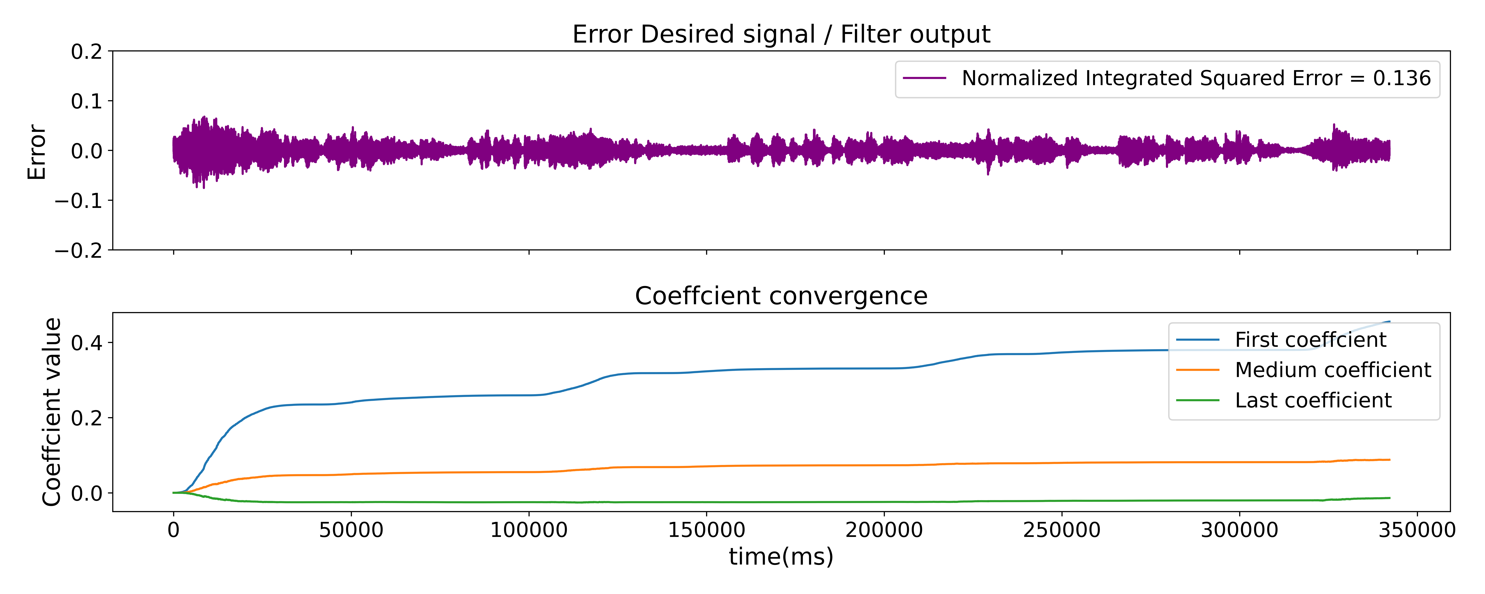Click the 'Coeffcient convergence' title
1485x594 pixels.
(x=781, y=296)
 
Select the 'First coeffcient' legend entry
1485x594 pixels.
(x=1310, y=340)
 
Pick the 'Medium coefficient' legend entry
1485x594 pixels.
(x=1332, y=370)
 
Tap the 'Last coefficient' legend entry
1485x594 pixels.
(x=1313, y=400)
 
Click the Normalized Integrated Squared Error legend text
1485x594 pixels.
(x=1196, y=78)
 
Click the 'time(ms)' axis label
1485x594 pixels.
(x=781, y=557)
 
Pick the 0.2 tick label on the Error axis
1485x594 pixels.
(x=86, y=52)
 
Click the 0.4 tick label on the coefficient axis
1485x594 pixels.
(x=86, y=343)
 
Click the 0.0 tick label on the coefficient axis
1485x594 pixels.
(x=86, y=494)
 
